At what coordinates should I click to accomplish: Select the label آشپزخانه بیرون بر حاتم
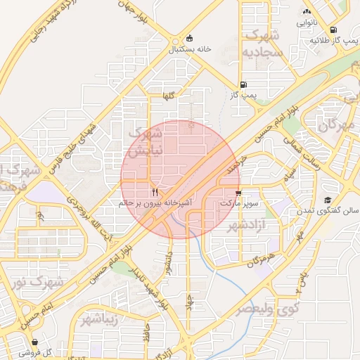coord(154,202)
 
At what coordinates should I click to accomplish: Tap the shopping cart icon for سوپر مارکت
coord(238,192)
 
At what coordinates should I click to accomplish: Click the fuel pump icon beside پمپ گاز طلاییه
coord(314,41)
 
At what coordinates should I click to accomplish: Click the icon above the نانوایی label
coord(306,12)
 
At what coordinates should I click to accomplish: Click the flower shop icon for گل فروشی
coord(34,342)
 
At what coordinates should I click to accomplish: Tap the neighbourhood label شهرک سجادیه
coord(262,44)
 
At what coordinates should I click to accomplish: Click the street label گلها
coord(168,95)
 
